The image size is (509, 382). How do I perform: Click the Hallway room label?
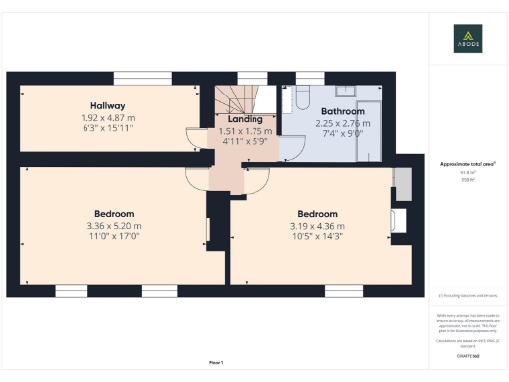108,105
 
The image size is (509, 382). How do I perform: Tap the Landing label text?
245,119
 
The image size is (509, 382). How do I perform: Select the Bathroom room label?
327,112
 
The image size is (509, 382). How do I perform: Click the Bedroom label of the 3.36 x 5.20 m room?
114,214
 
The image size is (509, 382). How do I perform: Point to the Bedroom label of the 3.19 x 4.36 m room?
317,214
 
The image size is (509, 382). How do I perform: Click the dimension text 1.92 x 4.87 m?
108,117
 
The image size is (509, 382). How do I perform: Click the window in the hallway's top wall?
141,78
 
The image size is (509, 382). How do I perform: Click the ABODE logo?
468,38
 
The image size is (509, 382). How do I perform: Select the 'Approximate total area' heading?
467,163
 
